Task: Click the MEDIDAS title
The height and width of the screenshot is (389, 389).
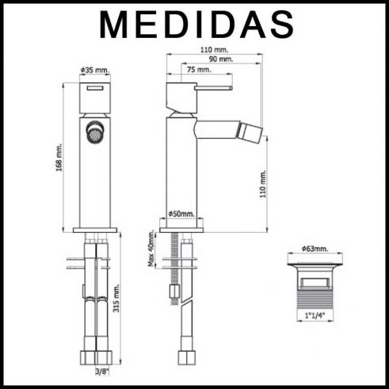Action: tap(196, 25)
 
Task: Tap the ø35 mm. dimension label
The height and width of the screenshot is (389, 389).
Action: tap(95, 71)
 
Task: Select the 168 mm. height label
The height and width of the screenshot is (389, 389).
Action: tap(59, 157)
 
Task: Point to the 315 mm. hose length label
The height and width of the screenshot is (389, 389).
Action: tap(116, 298)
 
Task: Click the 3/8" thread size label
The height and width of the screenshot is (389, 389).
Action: tap(102, 372)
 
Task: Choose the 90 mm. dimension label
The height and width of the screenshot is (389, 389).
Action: tap(221, 59)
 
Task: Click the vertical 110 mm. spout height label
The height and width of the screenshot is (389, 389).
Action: tap(263, 184)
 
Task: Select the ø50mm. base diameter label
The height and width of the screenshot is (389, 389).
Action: tap(181, 214)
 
